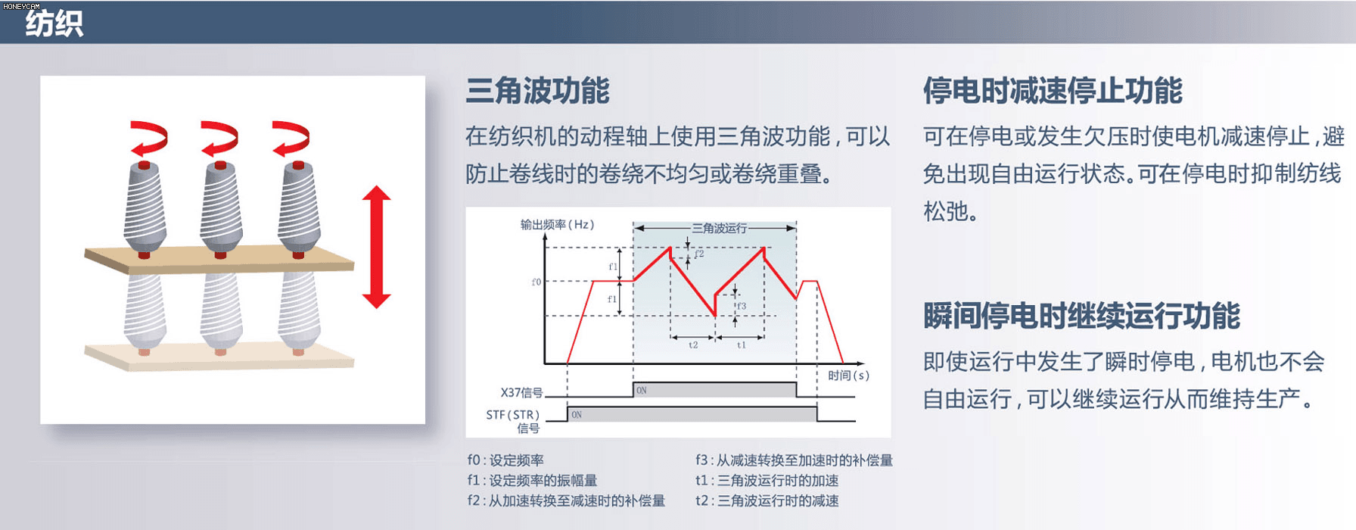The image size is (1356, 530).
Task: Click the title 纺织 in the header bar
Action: (x=54, y=23)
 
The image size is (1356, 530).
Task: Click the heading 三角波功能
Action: (x=537, y=91)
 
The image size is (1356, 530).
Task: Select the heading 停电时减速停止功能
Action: (x=1052, y=91)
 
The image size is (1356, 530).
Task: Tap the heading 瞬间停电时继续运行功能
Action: (x=1081, y=316)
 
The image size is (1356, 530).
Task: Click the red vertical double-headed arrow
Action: (x=376, y=247)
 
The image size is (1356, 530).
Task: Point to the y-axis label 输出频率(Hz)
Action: (x=557, y=224)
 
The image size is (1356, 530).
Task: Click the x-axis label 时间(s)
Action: (x=848, y=375)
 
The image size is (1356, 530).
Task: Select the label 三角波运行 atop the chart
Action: (x=719, y=228)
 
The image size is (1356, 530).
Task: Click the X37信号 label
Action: (x=521, y=392)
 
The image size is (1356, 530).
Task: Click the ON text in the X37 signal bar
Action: (x=642, y=391)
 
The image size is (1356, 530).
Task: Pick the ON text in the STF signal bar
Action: (x=577, y=415)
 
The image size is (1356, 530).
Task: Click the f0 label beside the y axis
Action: (x=536, y=282)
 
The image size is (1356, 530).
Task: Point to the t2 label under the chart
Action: (x=693, y=344)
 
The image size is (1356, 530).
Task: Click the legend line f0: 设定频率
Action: (x=505, y=460)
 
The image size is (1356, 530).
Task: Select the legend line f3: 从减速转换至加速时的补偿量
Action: (x=794, y=460)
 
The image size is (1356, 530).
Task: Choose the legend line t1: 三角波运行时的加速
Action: (x=767, y=480)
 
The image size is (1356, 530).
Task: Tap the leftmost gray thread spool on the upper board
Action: (x=145, y=208)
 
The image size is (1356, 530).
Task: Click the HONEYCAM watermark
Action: (x=21, y=5)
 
